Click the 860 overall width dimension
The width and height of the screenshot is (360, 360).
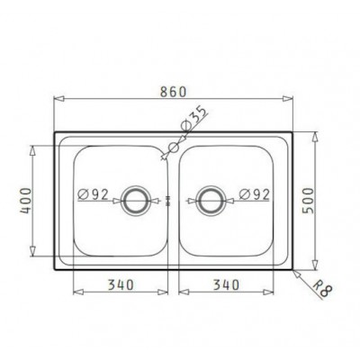click(x=173, y=92)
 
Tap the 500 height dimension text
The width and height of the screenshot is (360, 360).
click(x=308, y=201)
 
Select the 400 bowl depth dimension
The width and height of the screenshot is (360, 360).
click(x=25, y=201)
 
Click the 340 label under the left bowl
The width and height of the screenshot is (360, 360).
click(x=121, y=284)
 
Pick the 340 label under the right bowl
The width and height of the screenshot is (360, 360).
click(x=226, y=284)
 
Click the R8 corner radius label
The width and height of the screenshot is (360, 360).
click(x=322, y=289)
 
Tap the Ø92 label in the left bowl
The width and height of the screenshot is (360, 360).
click(x=93, y=195)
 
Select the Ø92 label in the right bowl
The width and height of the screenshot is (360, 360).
click(x=255, y=195)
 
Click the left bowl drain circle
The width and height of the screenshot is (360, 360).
click(x=134, y=189)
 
